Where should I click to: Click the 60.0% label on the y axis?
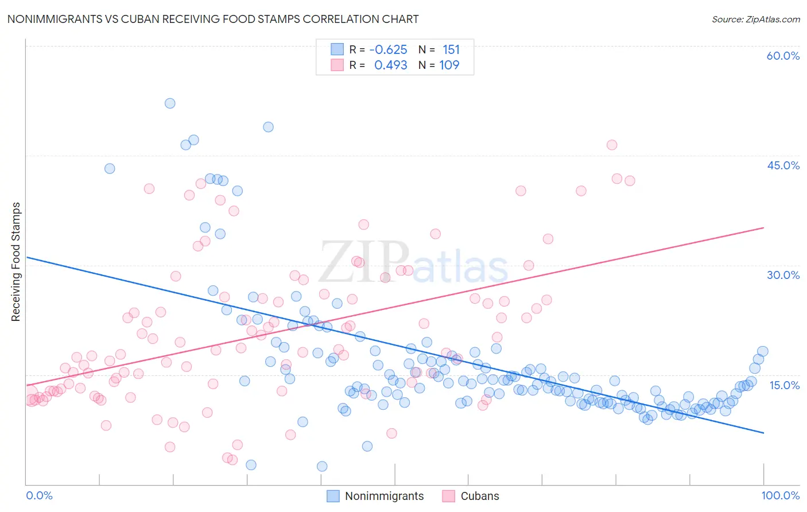click(x=783, y=56)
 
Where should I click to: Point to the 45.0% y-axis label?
click(x=783, y=165)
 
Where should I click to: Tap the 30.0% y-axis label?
click(x=783, y=275)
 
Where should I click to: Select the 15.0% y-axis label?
click(x=784, y=385)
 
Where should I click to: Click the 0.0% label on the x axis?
click(x=39, y=495)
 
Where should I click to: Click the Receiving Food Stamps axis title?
click(x=16, y=262)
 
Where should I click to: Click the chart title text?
click(x=213, y=19)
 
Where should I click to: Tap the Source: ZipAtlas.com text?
click(x=755, y=19)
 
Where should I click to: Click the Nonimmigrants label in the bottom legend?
click(x=384, y=496)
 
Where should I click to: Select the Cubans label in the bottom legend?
click(x=480, y=496)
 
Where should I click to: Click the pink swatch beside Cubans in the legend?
click(x=448, y=496)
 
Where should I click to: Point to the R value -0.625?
click(x=388, y=50)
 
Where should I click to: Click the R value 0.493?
click(x=390, y=65)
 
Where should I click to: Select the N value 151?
click(x=451, y=50)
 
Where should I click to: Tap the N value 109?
click(x=449, y=65)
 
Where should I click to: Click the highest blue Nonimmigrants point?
click(x=170, y=103)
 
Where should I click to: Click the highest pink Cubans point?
click(x=612, y=145)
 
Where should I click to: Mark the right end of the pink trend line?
click(x=763, y=228)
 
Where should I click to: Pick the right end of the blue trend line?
click(x=763, y=432)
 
